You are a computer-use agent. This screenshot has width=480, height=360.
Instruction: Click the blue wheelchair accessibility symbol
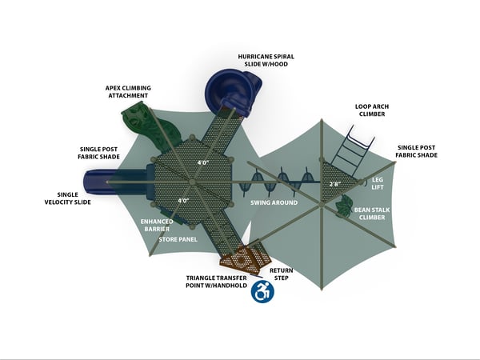pyautogui.click(x=262, y=292)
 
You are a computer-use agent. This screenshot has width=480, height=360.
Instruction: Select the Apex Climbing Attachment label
pyautogui.click(x=128, y=91)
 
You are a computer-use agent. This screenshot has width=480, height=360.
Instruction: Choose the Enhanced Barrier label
pyautogui.click(x=157, y=225)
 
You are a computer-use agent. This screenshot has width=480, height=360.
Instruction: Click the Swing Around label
pyautogui.click(x=275, y=203)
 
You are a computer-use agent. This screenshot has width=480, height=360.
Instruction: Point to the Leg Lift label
pyautogui.click(x=378, y=183)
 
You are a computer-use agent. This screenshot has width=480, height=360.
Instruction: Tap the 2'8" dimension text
pyautogui.click(x=335, y=185)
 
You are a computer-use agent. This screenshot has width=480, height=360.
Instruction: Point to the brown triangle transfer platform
pyautogui.click(x=246, y=259)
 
